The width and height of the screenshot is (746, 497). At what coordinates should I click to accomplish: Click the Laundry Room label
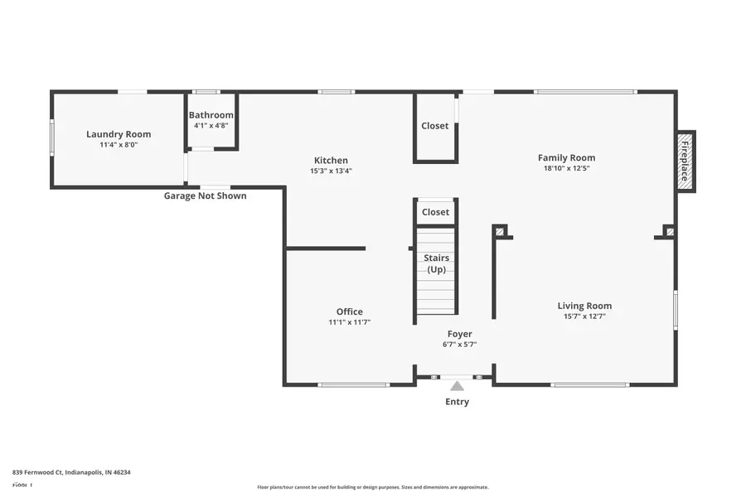pos(119,134)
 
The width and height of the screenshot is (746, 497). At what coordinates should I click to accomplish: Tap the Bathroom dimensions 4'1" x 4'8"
pos(211,126)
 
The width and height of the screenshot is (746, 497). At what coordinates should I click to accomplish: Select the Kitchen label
pos(331,161)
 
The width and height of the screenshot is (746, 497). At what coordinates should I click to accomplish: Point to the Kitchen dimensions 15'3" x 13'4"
pos(331,171)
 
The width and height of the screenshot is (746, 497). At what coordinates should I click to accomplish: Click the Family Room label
pos(566,157)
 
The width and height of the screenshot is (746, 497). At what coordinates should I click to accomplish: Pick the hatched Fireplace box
pos(685,162)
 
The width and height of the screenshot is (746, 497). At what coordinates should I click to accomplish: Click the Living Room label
pos(584,306)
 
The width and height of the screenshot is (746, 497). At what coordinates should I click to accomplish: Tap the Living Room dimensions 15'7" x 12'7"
pos(584,316)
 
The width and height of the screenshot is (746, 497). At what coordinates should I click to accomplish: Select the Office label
pos(349,311)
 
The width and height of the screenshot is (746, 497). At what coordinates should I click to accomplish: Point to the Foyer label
pos(460,334)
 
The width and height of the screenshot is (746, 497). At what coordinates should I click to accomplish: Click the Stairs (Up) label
pos(436,263)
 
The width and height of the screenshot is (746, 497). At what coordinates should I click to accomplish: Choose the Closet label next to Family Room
pos(435,126)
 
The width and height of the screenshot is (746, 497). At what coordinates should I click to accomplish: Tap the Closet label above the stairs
pos(435,212)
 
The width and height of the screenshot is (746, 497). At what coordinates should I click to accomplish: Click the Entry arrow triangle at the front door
pos(457,386)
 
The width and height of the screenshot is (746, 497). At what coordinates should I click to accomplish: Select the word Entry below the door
pos(457,402)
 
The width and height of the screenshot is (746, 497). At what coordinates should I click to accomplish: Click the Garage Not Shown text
pos(205,196)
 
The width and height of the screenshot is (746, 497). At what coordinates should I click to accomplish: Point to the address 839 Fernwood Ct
pos(71,472)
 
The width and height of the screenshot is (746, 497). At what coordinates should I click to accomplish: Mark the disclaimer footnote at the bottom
pos(372,487)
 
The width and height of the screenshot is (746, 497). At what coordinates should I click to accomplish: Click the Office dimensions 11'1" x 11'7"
pos(349,322)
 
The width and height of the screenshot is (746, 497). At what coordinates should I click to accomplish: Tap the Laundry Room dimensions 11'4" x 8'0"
pos(119,145)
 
